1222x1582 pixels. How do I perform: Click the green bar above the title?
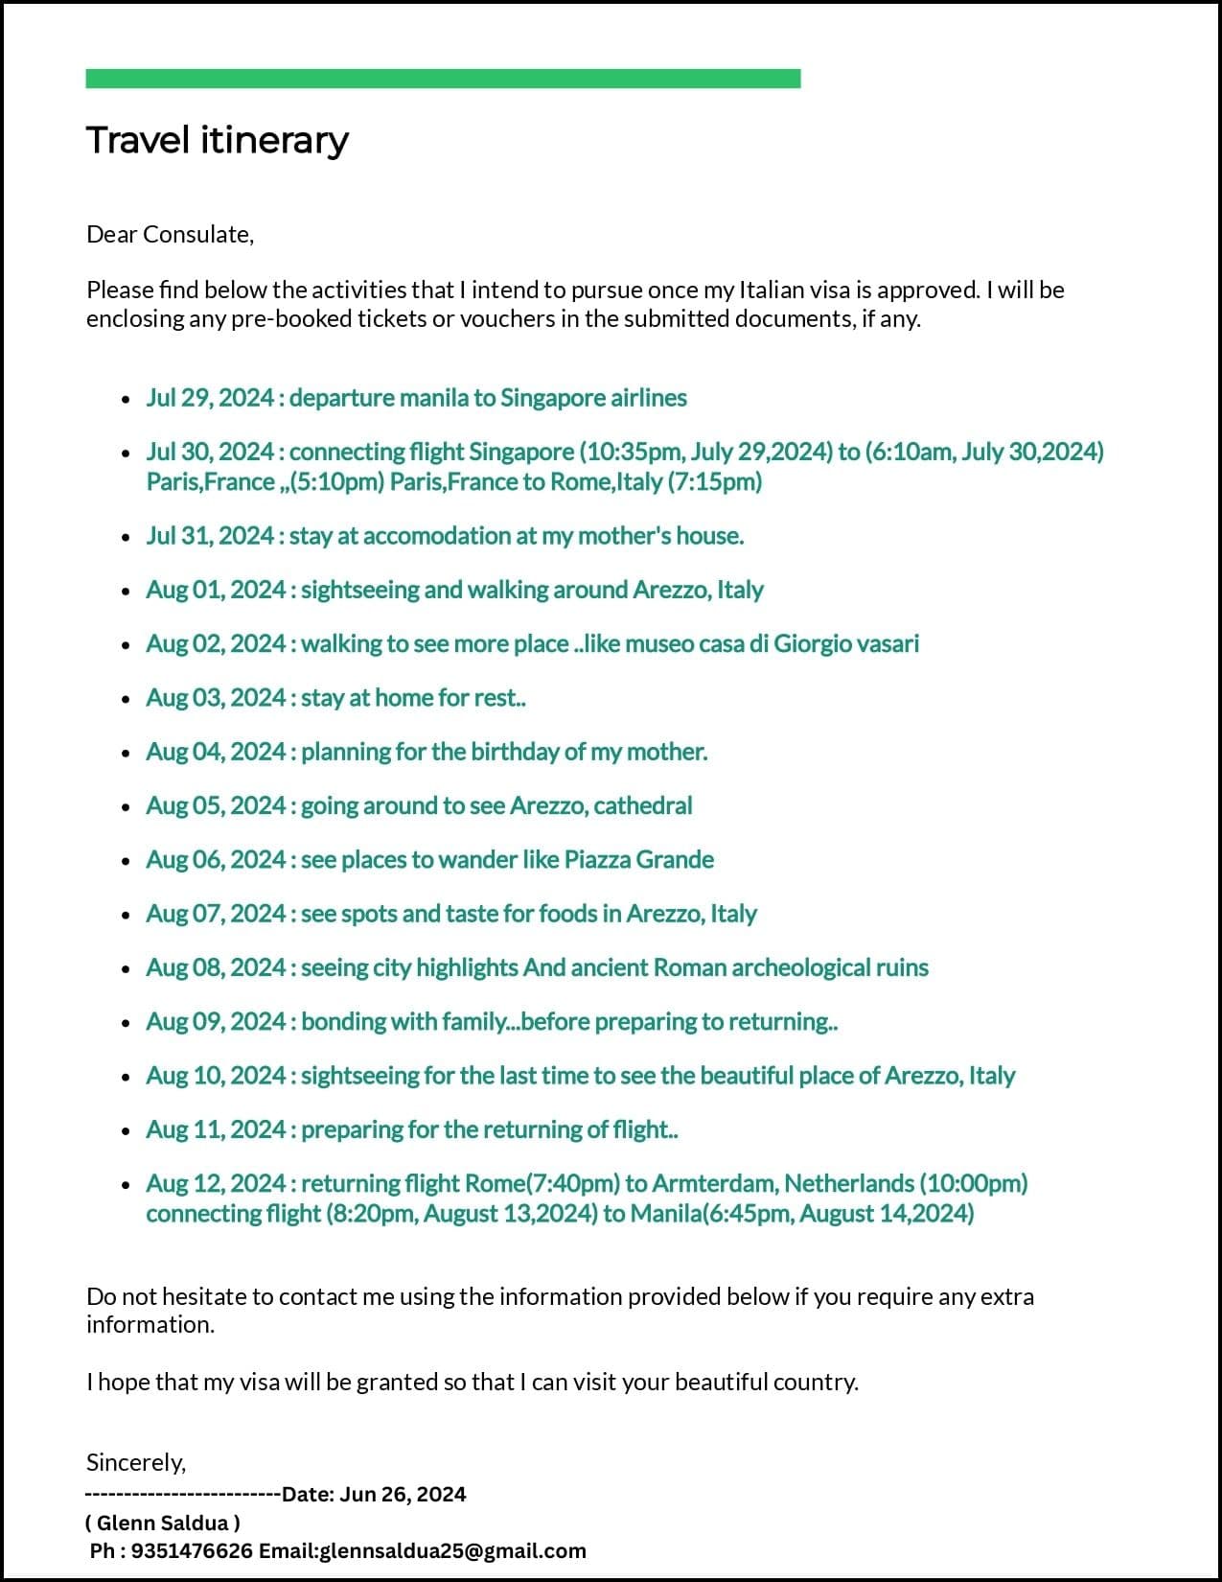[x=443, y=79]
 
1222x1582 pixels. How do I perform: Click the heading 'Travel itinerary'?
[x=218, y=140]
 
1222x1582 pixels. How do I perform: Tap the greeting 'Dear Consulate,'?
[x=170, y=234]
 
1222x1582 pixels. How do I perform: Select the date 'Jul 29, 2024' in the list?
[x=210, y=398]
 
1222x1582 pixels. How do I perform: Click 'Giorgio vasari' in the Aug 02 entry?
[x=846, y=643]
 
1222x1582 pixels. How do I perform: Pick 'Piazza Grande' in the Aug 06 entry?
[x=638, y=859]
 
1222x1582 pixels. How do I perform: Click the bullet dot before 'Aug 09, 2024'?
[x=126, y=1023]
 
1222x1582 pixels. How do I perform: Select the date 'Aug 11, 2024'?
[x=216, y=1129]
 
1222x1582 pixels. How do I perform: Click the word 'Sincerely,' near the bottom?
[x=136, y=1462]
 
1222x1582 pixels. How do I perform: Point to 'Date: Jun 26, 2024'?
[x=374, y=1494]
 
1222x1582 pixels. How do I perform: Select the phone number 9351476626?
[x=192, y=1550]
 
